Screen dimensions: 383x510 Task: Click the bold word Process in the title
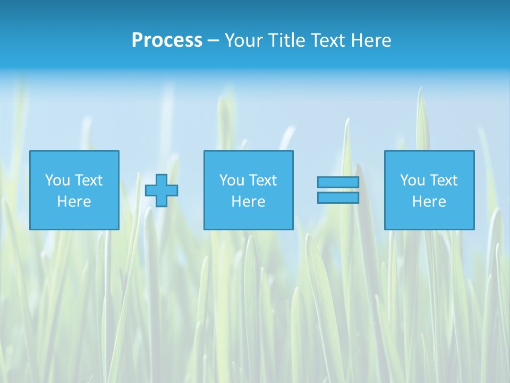tap(167, 40)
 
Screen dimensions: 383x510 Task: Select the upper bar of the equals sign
tap(338, 182)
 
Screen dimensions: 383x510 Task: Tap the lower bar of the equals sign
tap(338, 198)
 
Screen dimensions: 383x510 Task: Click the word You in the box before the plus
tap(57, 180)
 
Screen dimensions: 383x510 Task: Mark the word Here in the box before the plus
tap(74, 202)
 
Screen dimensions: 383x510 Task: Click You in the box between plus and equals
tap(232, 180)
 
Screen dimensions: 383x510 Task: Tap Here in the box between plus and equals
tap(248, 202)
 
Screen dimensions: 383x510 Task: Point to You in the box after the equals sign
tap(412, 180)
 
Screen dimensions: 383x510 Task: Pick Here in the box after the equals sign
tap(429, 202)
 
